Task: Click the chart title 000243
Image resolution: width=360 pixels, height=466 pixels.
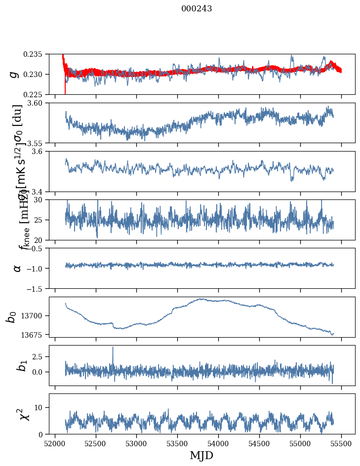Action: tap(197, 9)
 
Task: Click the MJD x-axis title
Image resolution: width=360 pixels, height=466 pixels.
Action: tap(201, 455)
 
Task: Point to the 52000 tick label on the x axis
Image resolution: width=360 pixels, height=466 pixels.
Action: tap(55, 444)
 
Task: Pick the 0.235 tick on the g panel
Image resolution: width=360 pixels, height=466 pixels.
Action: tap(36, 54)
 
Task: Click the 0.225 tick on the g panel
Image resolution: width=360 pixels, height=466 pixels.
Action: tap(36, 94)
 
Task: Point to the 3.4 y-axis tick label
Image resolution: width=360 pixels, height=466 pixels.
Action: tap(40, 192)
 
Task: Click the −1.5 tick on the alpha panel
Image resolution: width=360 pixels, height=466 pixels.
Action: tap(38, 288)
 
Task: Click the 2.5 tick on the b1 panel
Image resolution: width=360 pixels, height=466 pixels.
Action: tap(40, 356)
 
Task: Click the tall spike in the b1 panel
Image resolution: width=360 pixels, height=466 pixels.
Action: tap(113, 348)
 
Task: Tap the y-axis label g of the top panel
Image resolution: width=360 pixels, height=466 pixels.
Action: tap(15, 74)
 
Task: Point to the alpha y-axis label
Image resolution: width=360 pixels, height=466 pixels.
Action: tap(17, 268)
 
